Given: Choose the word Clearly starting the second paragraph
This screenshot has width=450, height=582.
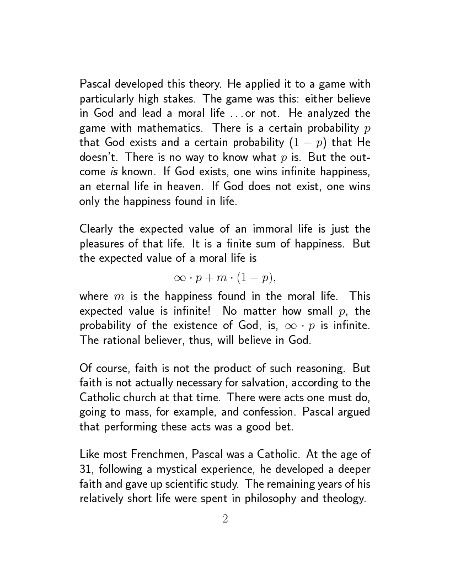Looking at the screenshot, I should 97,229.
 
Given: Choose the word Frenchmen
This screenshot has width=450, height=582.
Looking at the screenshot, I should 151,455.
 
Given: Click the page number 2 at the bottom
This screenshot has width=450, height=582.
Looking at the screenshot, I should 225,519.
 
